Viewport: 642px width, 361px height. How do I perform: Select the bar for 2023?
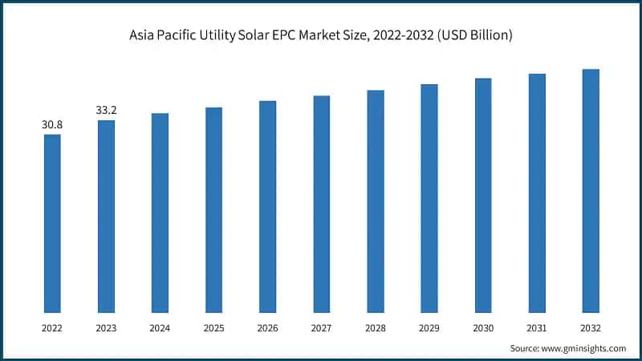pos(106,216)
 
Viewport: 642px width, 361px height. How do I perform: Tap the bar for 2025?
pos(213,209)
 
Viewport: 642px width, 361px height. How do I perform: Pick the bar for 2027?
pos(322,204)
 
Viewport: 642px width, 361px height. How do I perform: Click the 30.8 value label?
pos(52,125)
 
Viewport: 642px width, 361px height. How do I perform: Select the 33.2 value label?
pos(106,111)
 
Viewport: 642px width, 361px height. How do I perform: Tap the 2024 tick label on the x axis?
pos(160,328)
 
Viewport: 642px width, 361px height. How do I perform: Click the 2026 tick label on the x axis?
pos(267,328)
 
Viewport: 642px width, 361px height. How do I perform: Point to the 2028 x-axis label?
pos(376,328)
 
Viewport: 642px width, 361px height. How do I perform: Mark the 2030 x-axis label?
pos(483,328)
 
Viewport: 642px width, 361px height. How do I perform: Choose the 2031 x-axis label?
pos(537,328)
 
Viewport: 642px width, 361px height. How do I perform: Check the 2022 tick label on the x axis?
pos(52,328)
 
